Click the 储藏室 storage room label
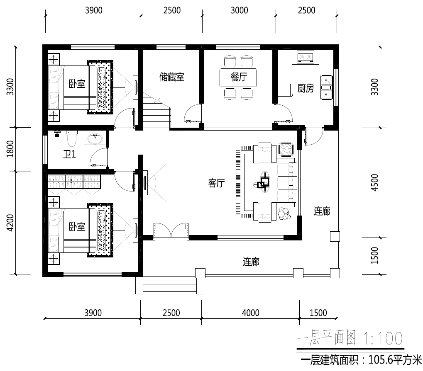[x=172, y=77]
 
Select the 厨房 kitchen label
[x=306, y=88]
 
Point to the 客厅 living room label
[x=216, y=183]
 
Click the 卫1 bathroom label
[x=69, y=154]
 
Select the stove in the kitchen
[x=305, y=57]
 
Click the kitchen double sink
[x=326, y=87]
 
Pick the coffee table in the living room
[x=265, y=182]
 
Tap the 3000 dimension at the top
[x=239, y=10]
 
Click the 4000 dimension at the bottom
[x=251, y=313]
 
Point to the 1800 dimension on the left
[x=10, y=149]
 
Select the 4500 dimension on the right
[x=375, y=183]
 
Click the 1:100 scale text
[x=383, y=338]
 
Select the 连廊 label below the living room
[x=251, y=262]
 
